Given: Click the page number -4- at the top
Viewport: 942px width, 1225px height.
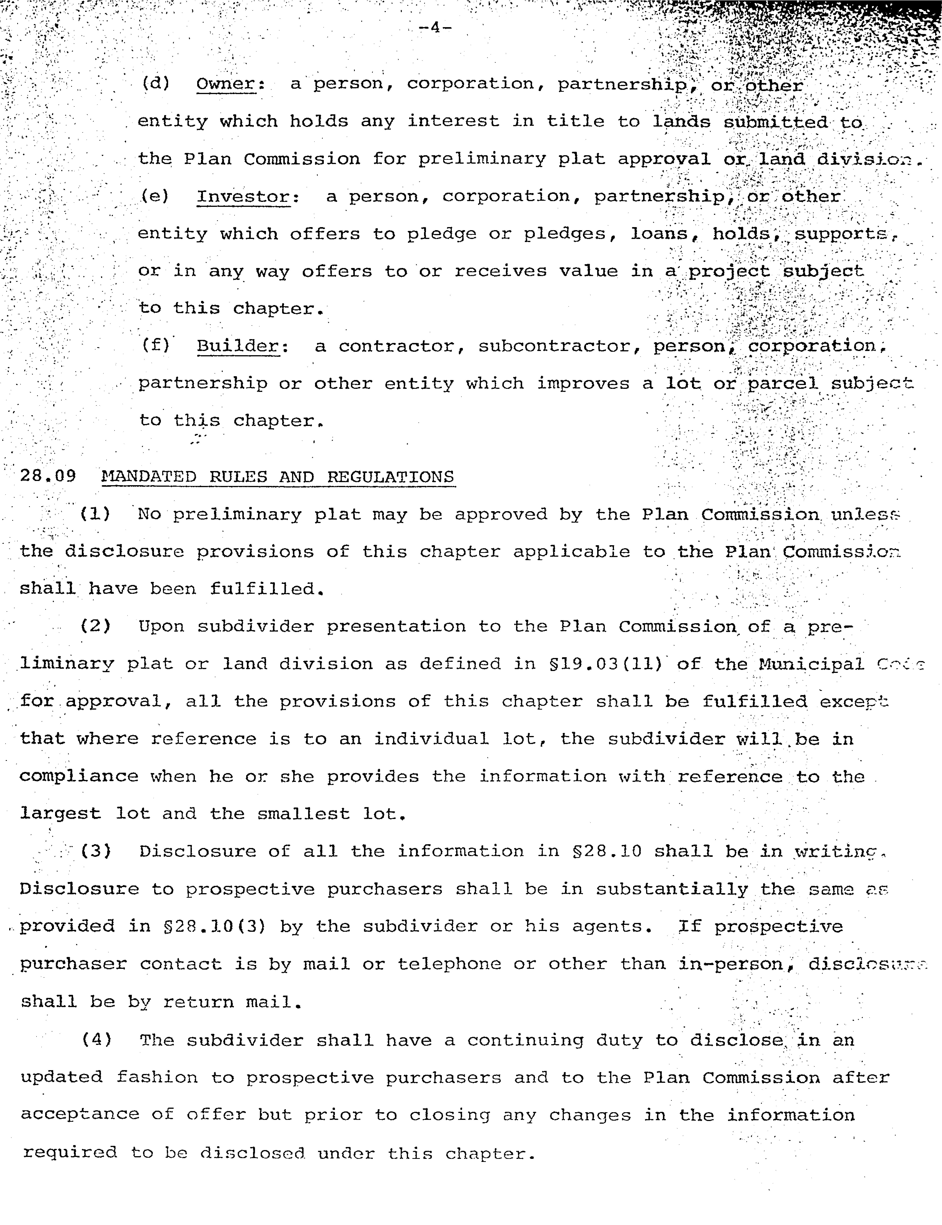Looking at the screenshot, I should pyautogui.click(x=435, y=27).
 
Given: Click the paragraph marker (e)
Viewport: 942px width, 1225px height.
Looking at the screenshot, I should pyautogui.click(x=155, y=196).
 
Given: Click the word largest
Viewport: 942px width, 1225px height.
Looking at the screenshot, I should pyautogui.click(x=61, y=814).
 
